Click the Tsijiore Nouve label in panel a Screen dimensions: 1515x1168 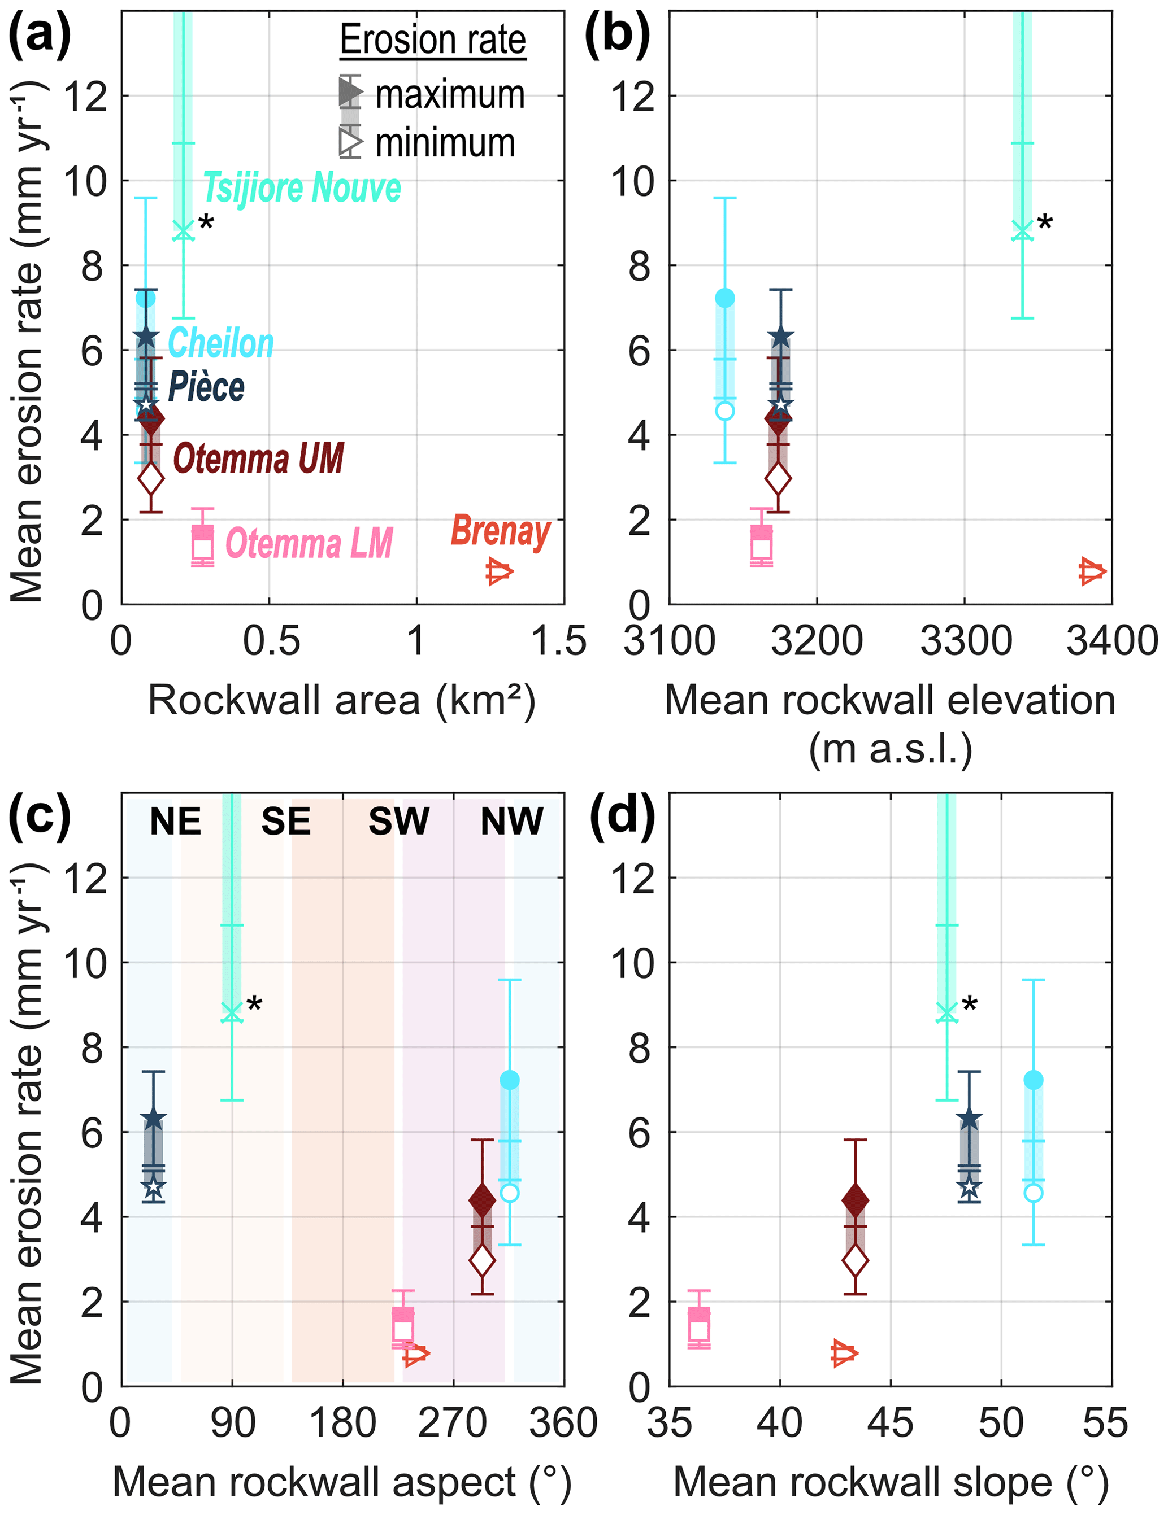coord(302,188)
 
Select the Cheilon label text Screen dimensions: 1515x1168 coord(221,343)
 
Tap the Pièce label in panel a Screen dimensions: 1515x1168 coord(206,386)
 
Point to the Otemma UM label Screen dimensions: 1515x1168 coord(258,459)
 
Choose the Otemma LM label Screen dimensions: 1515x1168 coord(309,543)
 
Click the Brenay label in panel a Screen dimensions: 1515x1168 coord(501,531)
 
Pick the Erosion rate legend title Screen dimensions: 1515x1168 coord(433,40)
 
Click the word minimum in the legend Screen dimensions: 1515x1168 coord(445,143)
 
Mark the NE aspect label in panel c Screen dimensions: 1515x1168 coord(176,822)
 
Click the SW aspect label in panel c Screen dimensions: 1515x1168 coord(398,822)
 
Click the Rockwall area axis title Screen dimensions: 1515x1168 coord(341,701)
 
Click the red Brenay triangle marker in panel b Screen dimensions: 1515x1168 coord(1092,571)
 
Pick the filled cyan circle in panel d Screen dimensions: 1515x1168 coord(1034,1080)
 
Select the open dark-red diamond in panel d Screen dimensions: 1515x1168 coord(855,1260)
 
